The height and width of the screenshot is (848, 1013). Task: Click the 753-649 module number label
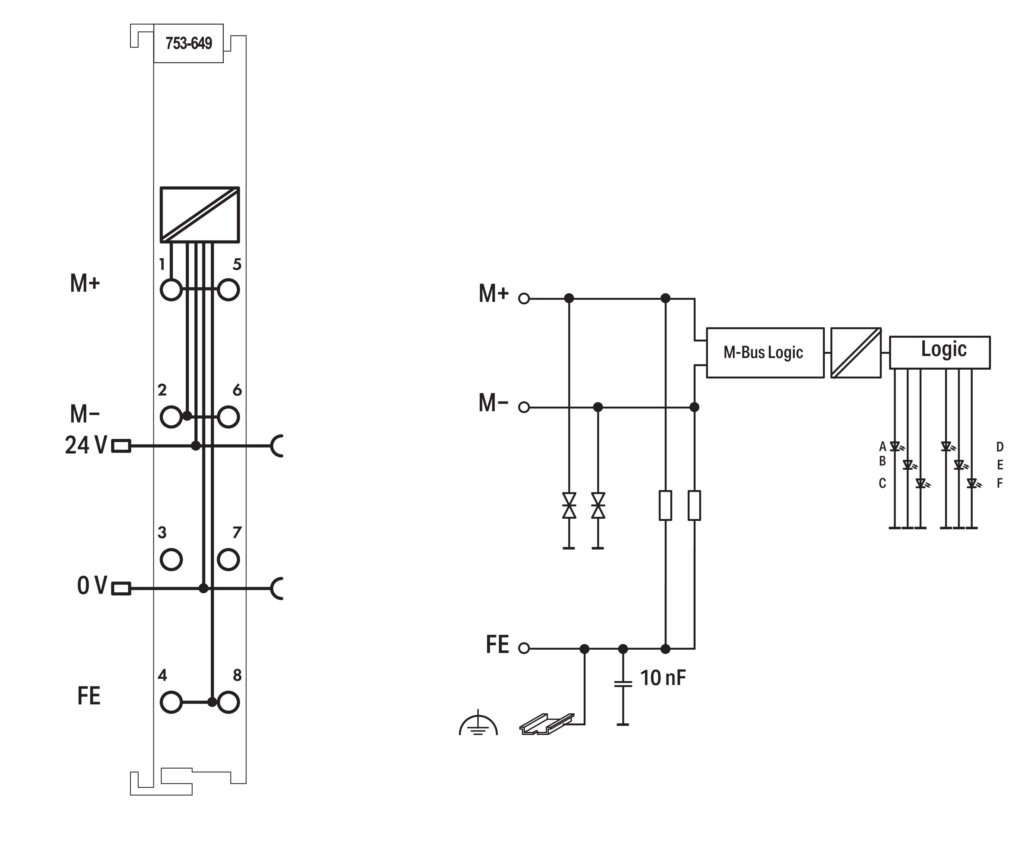tap(189, 43)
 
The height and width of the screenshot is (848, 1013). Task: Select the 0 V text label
tap(92, 586)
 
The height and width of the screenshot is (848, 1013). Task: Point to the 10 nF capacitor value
tap(663, 678)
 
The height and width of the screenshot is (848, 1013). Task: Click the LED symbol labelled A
tap(895, 446)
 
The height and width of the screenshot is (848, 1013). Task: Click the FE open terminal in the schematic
tap(524, 648)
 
